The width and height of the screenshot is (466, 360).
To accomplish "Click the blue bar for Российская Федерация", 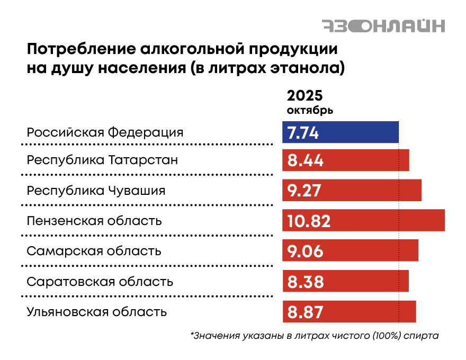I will tap(360, 132).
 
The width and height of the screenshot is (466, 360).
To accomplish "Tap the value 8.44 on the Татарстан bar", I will tap(306, 160).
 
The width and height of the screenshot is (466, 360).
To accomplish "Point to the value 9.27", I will tap(304, 191).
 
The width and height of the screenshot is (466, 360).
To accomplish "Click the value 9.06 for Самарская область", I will tap(305, 251).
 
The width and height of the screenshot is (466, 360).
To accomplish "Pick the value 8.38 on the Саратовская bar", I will tap(306, 282).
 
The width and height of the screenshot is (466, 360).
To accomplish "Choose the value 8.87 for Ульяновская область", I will tap(305, 312).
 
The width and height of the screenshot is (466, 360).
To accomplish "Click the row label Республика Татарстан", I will tap(102, 160).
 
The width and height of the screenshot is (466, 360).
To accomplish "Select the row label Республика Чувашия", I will tap(96, 190).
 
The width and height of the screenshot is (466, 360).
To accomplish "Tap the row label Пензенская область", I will tap(94, 220).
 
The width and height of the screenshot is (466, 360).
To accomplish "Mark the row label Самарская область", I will tap(94, 251).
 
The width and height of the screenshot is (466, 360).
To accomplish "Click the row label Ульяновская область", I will tap(97, 312).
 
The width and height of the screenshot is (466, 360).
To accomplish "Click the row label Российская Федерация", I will tap(105, 132).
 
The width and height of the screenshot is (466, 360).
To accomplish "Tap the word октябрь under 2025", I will tap(310, 111).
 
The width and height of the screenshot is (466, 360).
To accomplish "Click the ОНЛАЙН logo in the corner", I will tap(383, 25).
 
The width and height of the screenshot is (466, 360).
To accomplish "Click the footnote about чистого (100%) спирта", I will tap(315, 336).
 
